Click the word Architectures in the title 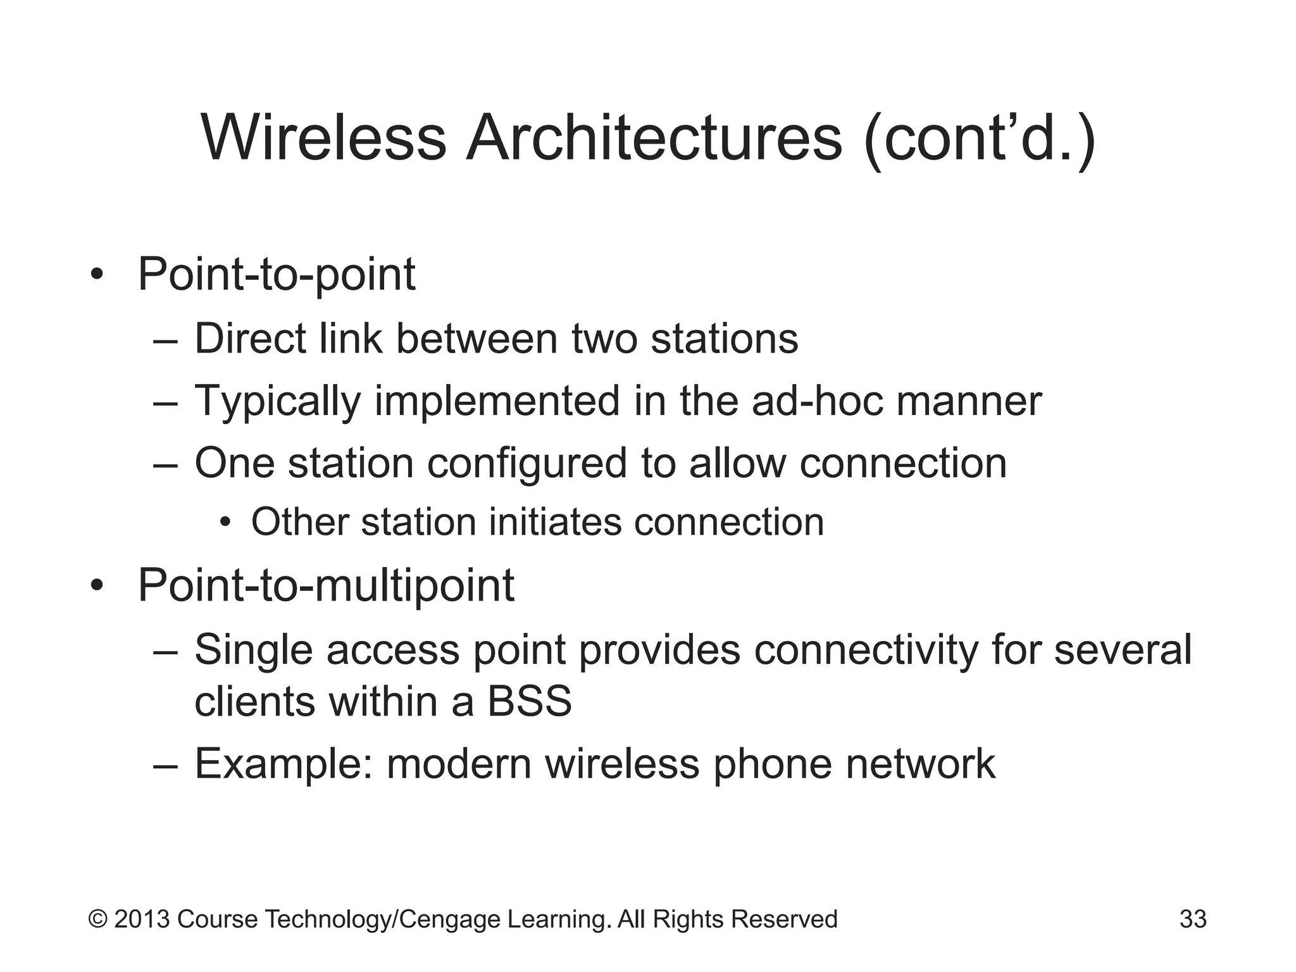click(x=654, y=138)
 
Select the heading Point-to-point click(x=277, y=275)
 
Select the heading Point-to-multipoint click(x=326, y=585)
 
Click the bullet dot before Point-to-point click(x=96, y=276)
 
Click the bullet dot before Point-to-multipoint click(x=96, y=586)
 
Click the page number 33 click(x=1193, y=919)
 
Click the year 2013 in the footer click(x=142, y=919)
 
